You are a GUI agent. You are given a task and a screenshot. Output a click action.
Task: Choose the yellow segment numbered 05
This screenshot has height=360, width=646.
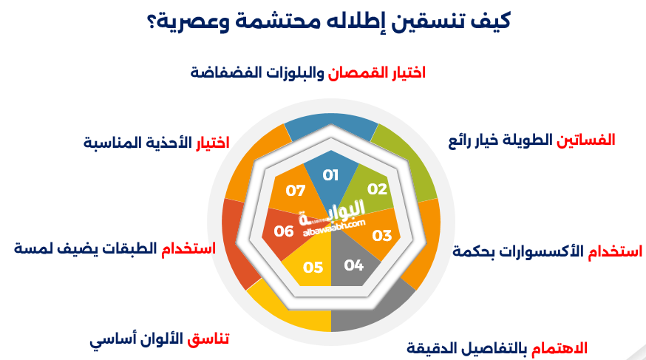[x=313, y=267]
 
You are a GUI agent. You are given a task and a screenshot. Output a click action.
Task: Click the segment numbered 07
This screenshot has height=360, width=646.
[x=294, y=191]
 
